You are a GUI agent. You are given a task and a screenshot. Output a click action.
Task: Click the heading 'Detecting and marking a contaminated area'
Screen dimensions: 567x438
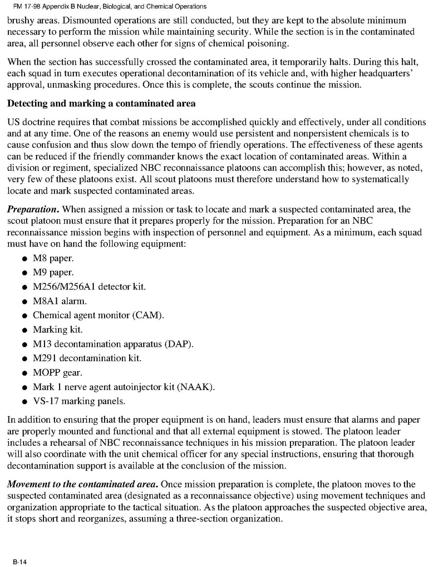point(101,103)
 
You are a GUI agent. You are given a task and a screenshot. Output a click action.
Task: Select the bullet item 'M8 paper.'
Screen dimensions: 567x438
point(53,258)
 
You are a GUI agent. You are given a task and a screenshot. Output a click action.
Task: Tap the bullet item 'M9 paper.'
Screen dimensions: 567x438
point(53,273)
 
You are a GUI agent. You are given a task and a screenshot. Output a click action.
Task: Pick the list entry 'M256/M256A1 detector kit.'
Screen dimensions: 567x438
point(89,287)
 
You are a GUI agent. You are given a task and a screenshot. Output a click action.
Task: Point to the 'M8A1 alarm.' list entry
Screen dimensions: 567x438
point(60,301)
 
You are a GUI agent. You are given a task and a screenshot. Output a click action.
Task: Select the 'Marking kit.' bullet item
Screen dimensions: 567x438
point(57,330)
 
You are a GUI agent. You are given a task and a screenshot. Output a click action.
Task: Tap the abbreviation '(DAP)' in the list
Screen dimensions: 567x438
point(179,344)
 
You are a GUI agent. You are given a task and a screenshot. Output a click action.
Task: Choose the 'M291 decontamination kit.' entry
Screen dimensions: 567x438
point(87,358)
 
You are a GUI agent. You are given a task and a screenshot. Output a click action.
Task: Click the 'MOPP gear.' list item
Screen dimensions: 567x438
point(57,372)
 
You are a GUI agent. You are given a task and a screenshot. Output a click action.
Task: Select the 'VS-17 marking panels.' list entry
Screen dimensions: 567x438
point(79,401)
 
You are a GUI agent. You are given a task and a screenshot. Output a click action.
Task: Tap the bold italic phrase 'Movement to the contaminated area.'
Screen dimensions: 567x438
point(83,484)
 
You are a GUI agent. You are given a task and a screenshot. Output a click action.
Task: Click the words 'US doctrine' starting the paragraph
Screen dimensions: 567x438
point(29,122)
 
